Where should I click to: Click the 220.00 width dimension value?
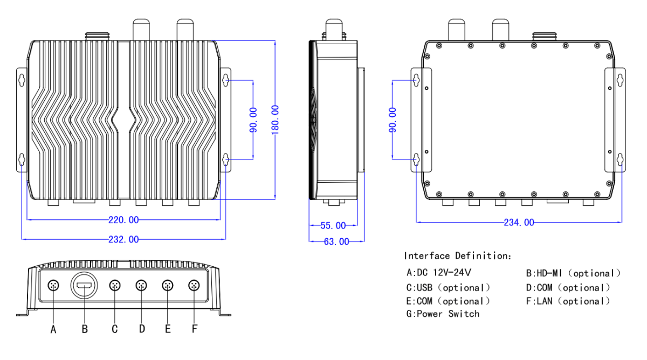pyautogui.click(x=123, y=220)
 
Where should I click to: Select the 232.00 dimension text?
pyautogui.click(x=123, y=239)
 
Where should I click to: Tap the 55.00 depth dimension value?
pyautogui.click(x=333, y=225)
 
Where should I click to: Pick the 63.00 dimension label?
pyautogui.click(x=336, y=242)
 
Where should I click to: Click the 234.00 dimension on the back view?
pyautogui.click(x=519, y=223)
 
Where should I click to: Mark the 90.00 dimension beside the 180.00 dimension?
pyautogui.click(x=253, y=120)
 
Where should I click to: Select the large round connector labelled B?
pyautogui.click(x=84, y=285)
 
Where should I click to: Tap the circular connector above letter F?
pyautogui.click(x=194, y=285)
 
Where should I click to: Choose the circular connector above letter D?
pyautogui.click(x=141, y=285)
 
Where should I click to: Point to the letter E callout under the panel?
pyautogui.click(x=168, y=329)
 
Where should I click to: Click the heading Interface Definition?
pyautogui.click(x=458, y=255)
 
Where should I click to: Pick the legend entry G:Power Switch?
pyautogui.click(x=443, y=314)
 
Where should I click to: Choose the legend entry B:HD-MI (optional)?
pyautogui.click(x=573, y=273)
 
